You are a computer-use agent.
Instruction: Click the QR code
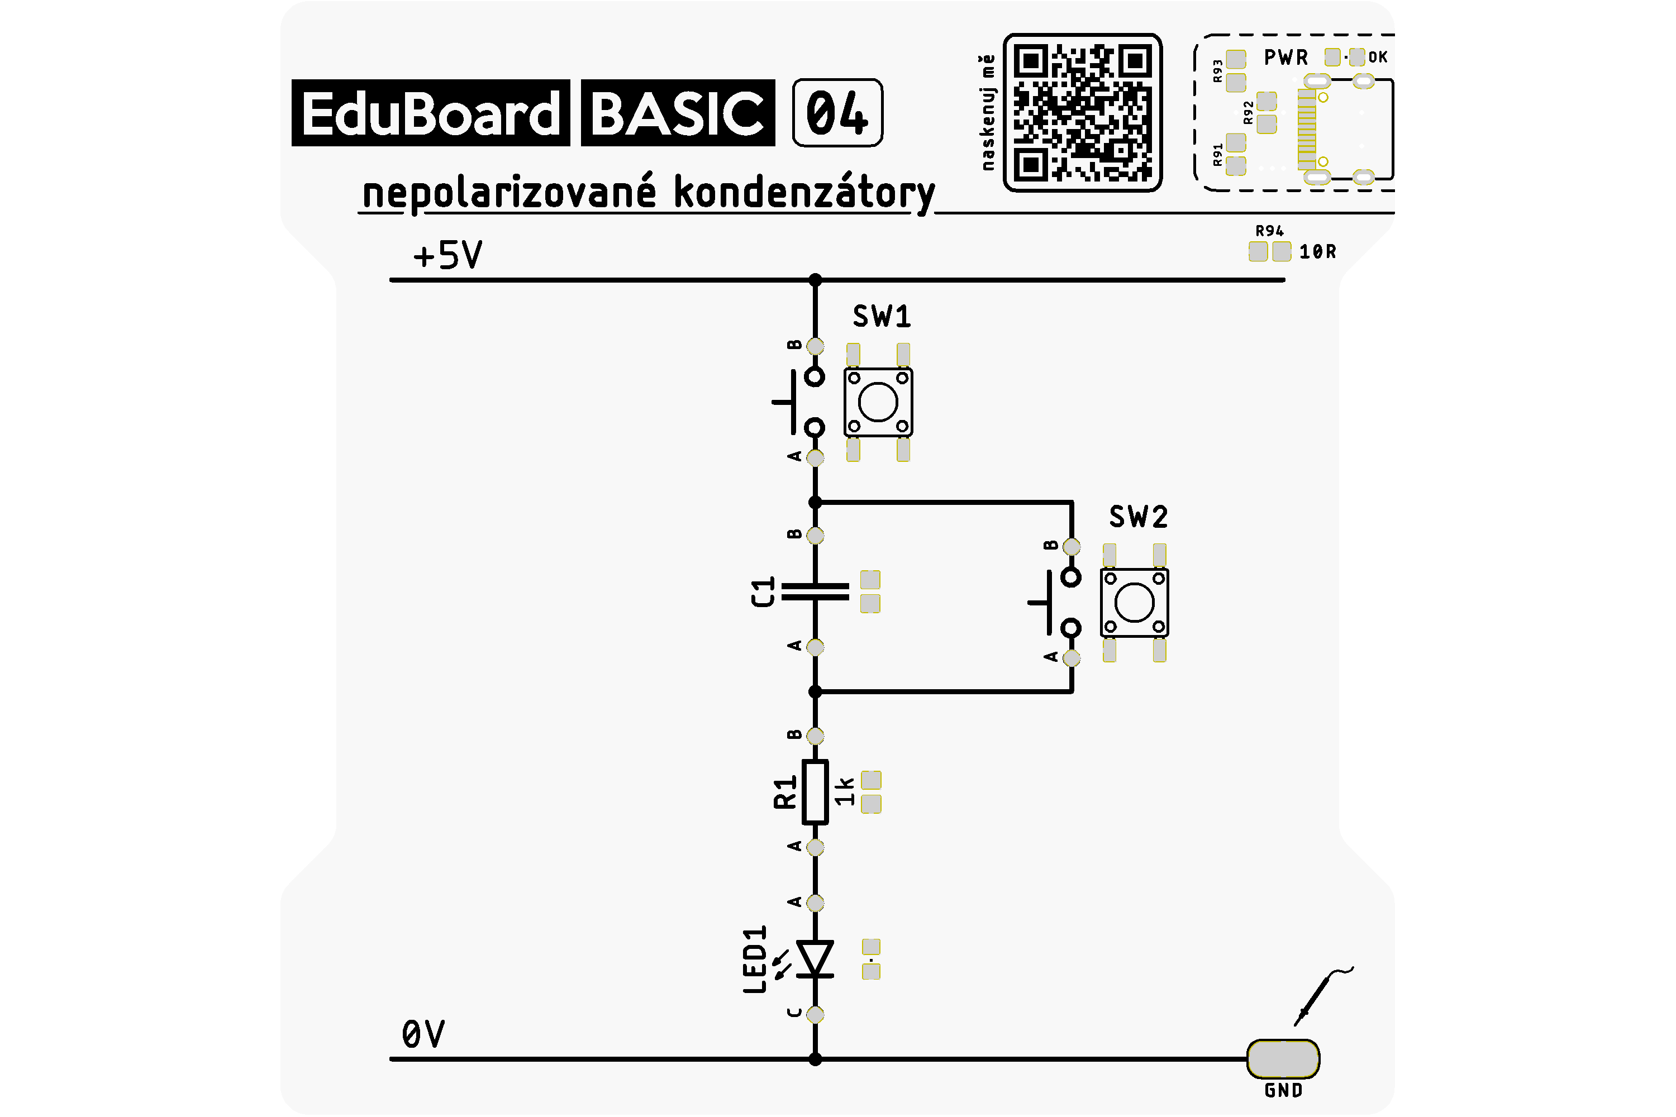pos(1083,113)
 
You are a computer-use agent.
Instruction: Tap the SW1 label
pos(882,316)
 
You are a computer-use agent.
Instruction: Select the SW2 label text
pos(1138,517)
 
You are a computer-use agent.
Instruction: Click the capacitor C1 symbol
pos(815,592)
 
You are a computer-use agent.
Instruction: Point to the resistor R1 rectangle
pos(815,792)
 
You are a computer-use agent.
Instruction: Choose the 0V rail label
pos(423,1034)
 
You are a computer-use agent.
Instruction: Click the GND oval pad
pos(1283,1059)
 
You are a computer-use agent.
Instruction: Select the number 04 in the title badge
pos(837,113)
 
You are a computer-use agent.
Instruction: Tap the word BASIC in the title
pos(678,113)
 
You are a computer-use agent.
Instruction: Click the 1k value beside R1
pos(844,791)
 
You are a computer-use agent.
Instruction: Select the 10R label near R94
pos(1317,251)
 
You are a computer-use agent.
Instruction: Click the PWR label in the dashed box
pos(1286,57)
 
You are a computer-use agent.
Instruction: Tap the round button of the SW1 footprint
pos(878,403)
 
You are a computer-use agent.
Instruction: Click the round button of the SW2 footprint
pos(1135,603)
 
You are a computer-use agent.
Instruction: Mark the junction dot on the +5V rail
pos(815,280)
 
